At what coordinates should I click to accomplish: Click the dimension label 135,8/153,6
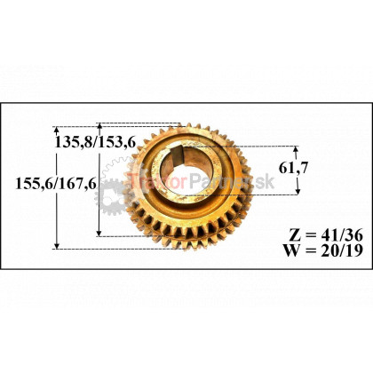[x=95, y=143]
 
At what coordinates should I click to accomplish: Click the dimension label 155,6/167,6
[x=56, y=184]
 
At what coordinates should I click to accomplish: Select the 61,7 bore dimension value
[x=293, y=168]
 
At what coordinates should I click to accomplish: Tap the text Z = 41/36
[x=325, y=235]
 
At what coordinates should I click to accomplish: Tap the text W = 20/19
[x=323, y=250]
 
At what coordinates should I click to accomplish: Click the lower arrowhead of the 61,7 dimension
[x=298, y=191]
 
